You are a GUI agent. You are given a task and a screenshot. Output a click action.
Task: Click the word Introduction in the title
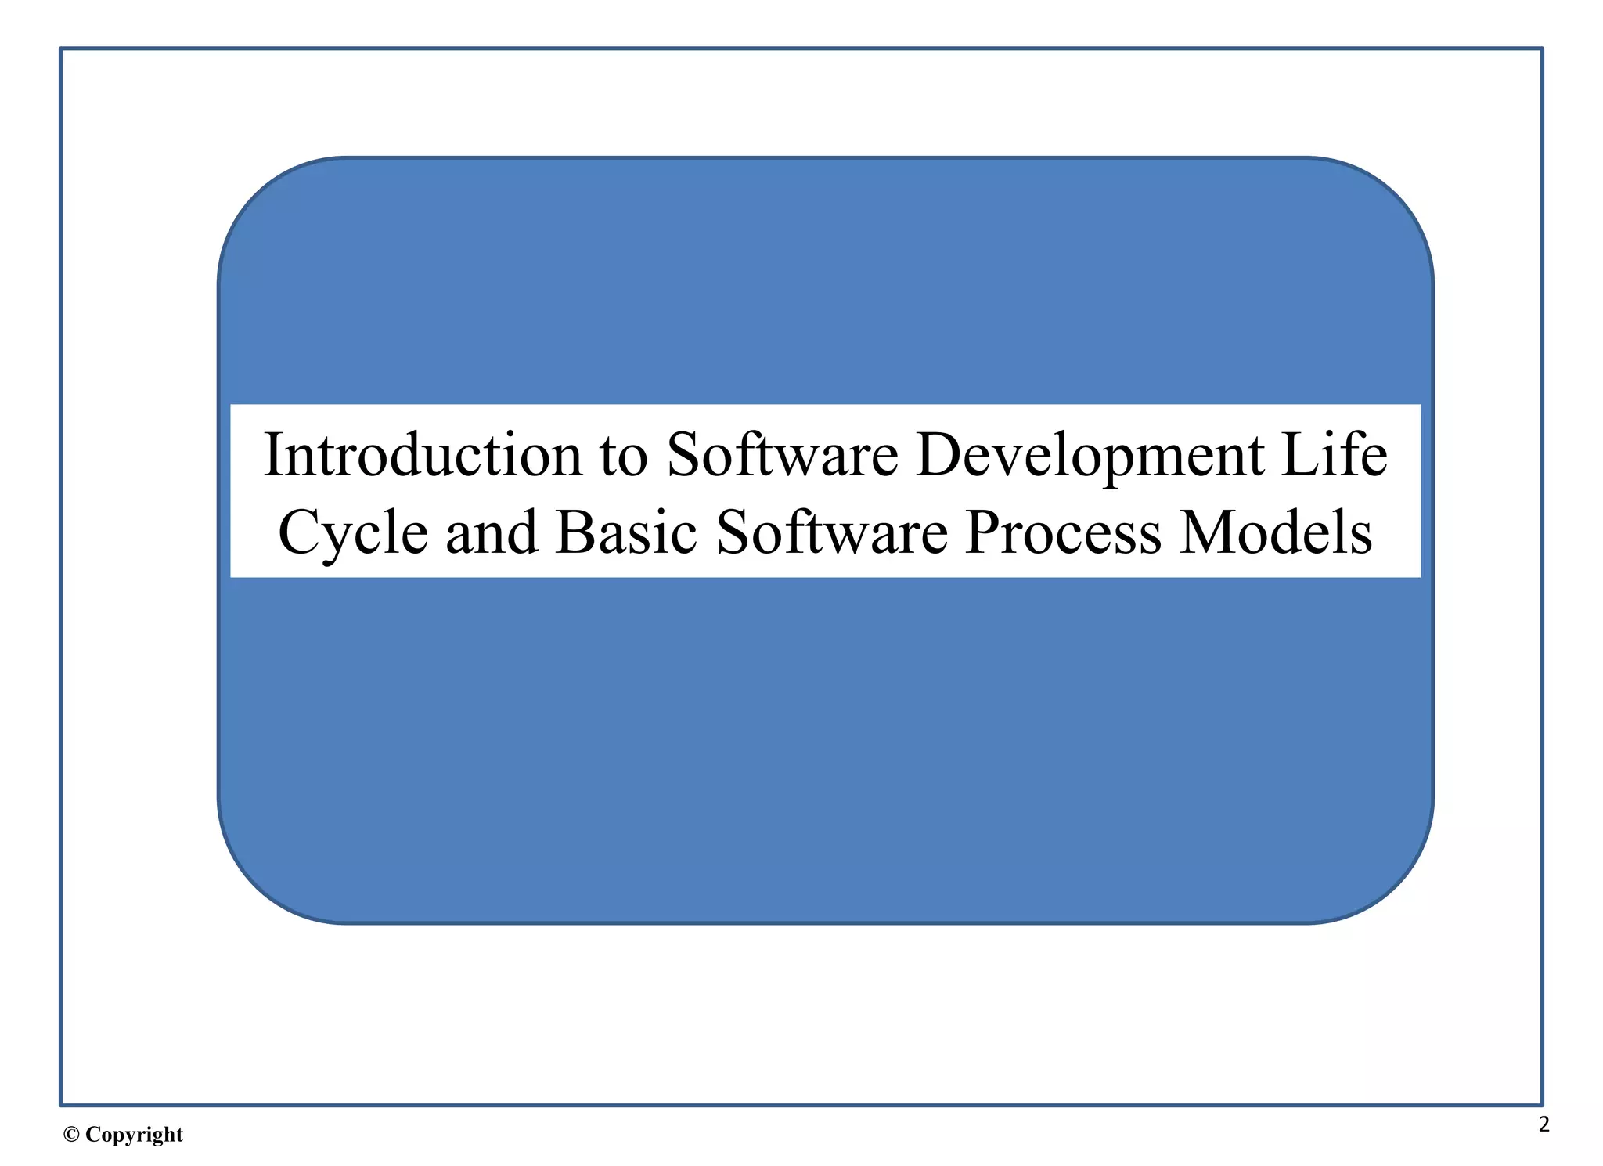[x=423, y=455]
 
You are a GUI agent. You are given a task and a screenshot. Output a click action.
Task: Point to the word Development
[x=1090, y=457]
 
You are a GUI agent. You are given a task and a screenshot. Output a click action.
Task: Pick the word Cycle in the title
[x=353, y=533]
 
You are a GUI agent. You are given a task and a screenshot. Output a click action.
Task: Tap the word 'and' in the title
[x=492, y=533]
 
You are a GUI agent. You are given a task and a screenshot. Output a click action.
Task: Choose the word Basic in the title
[x=626, y=533]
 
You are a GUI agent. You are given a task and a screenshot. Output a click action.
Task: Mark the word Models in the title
[x=1276, y=533]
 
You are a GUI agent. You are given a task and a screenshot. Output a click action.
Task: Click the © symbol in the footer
[x=71, y=1135]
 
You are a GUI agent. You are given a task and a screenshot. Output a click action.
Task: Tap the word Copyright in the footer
[x=134, y=1135]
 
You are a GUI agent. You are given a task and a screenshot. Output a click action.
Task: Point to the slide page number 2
[x=1544, y=1124]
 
